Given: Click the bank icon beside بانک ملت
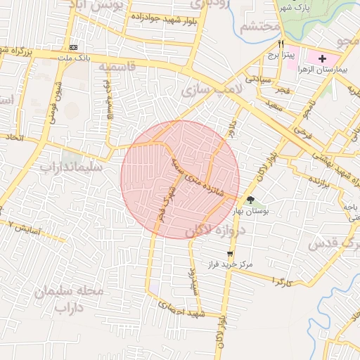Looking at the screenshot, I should click(74, 46).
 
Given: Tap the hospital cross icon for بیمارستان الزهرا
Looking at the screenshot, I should click(323, 58).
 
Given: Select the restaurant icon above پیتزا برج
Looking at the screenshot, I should click(281, 44).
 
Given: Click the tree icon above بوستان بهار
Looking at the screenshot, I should click(251, 200).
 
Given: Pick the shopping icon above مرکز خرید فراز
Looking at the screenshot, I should click(230, 254).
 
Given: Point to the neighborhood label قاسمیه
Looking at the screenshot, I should click(116, 67).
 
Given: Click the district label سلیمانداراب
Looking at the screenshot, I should click(71, 167).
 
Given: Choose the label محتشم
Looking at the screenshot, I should click(259, 27).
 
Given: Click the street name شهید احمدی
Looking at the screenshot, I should click(181, 310).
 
